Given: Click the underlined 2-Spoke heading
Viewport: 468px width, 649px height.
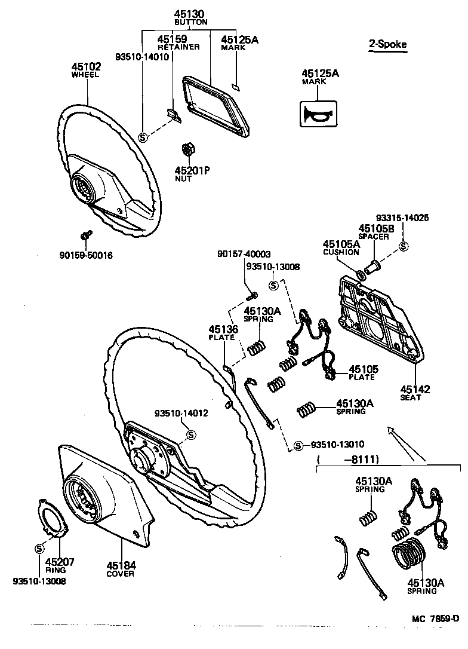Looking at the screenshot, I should point(389,44).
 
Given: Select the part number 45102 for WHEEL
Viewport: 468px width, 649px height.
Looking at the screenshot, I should point(87,67).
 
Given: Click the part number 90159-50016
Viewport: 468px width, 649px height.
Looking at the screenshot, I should point(86,255).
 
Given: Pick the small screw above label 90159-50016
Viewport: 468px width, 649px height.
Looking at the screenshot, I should point(86,234).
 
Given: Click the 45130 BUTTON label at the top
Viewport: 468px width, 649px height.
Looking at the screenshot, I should point(190,17).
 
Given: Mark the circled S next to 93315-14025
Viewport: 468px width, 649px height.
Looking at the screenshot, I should point(404,246).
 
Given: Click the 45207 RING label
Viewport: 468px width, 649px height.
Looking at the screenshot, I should point(56,565).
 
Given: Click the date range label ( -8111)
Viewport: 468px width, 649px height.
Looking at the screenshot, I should point(349,459).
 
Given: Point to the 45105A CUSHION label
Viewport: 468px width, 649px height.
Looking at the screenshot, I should point(341,247).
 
